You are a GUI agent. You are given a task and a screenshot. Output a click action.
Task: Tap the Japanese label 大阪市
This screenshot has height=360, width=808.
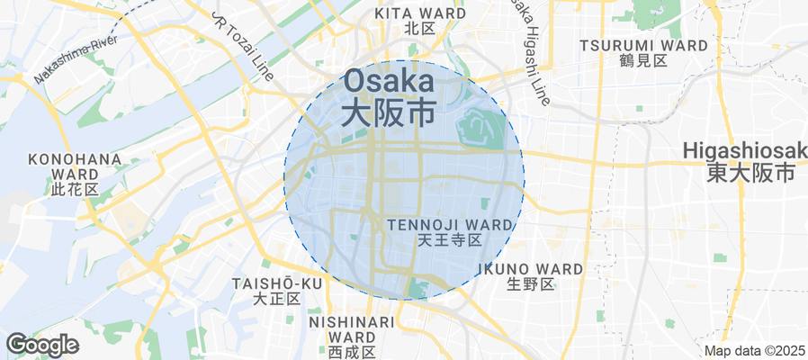pyautogui.click(x=390, y=112)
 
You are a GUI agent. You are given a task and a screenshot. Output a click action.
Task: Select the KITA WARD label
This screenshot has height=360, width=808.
pyautogui.click(x=420, y=13)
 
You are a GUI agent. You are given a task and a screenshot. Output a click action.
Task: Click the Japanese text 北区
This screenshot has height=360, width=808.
pyautogui.click(x=420, y=29)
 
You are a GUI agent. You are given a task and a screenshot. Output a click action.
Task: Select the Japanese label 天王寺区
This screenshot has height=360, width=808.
pyautogui.click(x=451, y=240)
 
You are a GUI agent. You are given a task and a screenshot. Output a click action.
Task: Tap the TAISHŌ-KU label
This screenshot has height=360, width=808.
pyautogui.click(x=276, y=283)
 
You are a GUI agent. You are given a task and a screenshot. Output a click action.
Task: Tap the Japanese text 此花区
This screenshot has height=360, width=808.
pyautogui.click(x=75, y=190)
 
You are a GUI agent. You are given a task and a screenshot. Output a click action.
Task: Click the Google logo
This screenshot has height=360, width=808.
pyautogui.click(x=42, y=344)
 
